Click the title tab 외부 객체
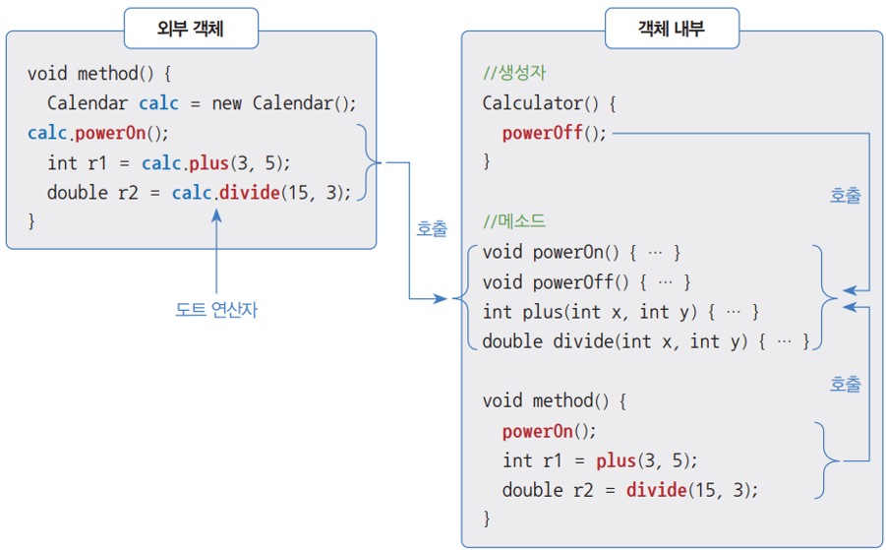[191, 29]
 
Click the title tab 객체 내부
[672, 29]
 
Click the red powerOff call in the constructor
[542, 134]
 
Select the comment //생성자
[514, 74]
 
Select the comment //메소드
[514, 221]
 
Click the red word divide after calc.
[249, 193]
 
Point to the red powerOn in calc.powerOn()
[114, 133]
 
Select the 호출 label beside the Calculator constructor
[846, 196]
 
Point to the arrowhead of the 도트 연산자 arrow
[216, 213]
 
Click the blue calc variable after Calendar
[159, 103]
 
